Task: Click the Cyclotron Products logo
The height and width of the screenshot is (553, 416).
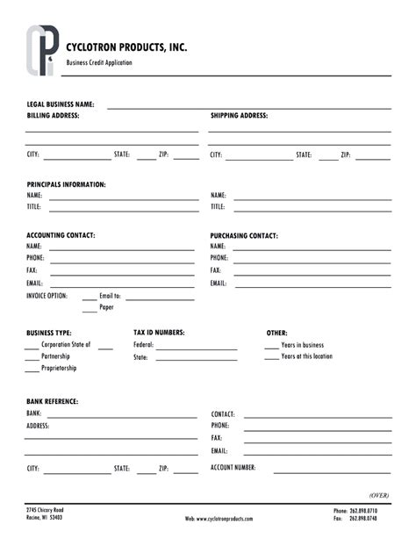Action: tap(41, 51)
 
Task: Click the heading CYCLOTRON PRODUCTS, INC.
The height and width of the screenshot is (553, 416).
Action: tap(126, 47)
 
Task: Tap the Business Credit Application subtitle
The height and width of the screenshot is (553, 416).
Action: tap(99, 63)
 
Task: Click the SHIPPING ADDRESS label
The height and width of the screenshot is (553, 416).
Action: tap(239, 116)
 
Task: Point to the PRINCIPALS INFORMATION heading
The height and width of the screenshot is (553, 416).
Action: tap(66, 184)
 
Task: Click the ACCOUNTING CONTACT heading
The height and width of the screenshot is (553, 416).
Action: tap(61, 235)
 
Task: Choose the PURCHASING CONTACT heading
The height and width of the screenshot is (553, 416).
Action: tap(244, 236)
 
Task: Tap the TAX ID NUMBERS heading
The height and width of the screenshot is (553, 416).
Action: tap(159, 333)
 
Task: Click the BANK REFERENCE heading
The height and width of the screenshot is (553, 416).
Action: tap(52, 401)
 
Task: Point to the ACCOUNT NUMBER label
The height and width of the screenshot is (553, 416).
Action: tap(233, 468)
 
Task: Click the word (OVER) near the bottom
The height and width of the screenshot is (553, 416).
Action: tap(378, 495)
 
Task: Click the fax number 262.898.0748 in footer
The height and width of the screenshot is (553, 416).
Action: tap(362, 518)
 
